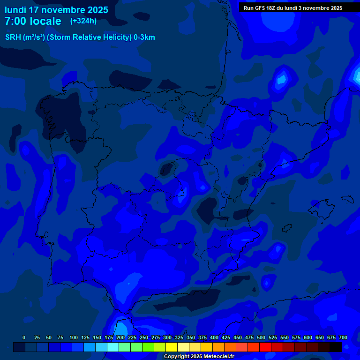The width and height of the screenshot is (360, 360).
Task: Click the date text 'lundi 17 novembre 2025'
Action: coord(56,10)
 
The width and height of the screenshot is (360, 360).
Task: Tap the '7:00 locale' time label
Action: coord(33,21)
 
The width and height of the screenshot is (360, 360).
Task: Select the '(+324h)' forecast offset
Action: coord(83,21)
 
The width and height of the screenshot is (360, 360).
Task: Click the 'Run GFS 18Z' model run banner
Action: coord(293,8)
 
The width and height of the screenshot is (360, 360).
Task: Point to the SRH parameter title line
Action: coord(80,37)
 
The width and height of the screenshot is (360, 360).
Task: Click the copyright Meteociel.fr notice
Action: coord(199,356)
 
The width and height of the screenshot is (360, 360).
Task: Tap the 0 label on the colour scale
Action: coord(24,337)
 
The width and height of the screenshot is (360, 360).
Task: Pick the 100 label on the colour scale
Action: coord(74,337)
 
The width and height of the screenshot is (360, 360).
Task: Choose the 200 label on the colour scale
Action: coord(120,337)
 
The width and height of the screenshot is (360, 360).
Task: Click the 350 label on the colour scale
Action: coord(191,337)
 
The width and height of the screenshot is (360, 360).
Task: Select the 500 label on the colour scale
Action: coord(261,337)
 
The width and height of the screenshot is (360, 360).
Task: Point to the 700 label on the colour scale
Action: coord(343,337)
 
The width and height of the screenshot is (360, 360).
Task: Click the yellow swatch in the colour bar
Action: coord(172,347)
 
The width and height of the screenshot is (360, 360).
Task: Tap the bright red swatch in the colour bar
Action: coord(265,347)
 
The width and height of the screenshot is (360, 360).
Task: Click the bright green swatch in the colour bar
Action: coord(148,347)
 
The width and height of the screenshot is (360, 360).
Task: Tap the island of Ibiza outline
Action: coord(287,228)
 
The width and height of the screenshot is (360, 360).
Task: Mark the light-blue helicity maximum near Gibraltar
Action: coord(121,328)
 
